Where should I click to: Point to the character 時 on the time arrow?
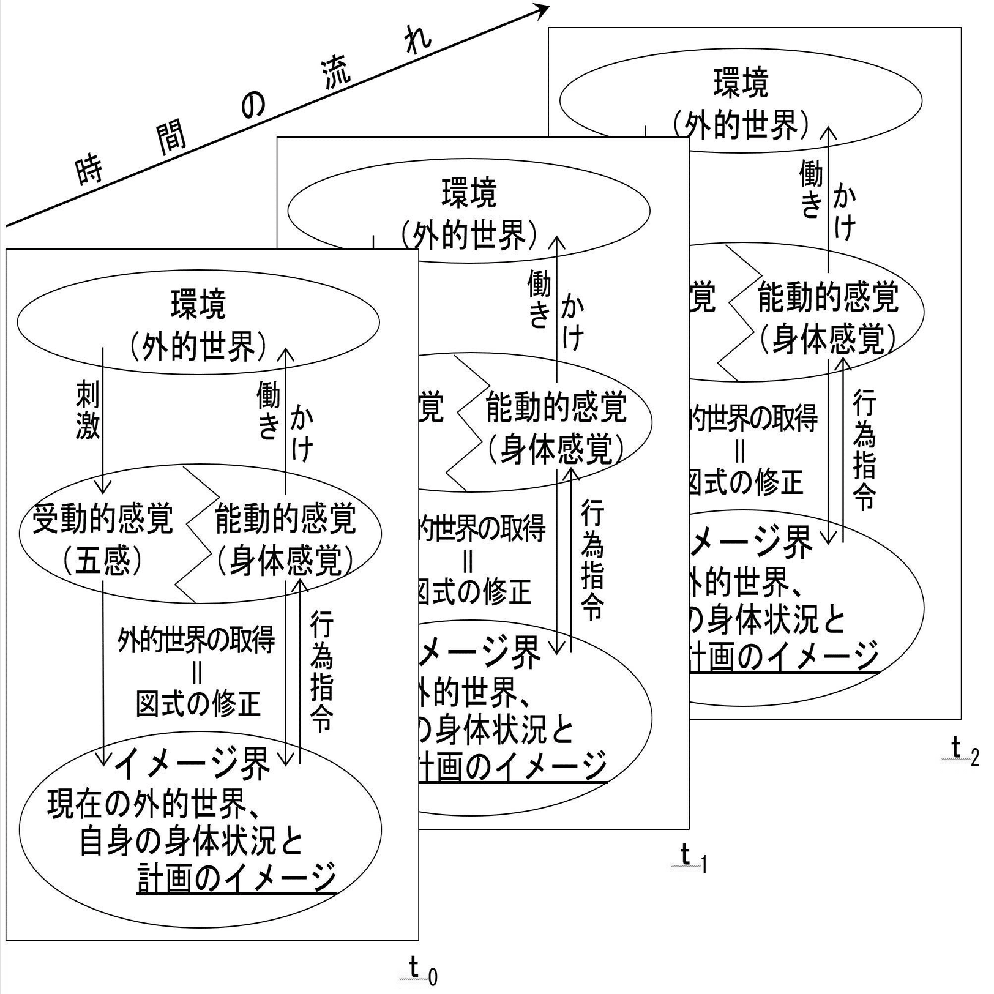point(89,170)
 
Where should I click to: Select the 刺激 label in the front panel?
point(88,409)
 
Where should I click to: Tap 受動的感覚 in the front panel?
point(103,519)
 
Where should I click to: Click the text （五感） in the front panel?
point(103,560)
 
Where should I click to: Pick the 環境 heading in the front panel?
point(198,304)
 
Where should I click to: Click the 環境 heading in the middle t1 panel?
point(469,193)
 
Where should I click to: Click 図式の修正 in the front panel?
point(198,704)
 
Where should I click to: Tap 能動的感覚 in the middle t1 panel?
point(556,408)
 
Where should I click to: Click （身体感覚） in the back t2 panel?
point(828,338)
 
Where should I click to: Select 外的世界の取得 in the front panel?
point(196,641)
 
